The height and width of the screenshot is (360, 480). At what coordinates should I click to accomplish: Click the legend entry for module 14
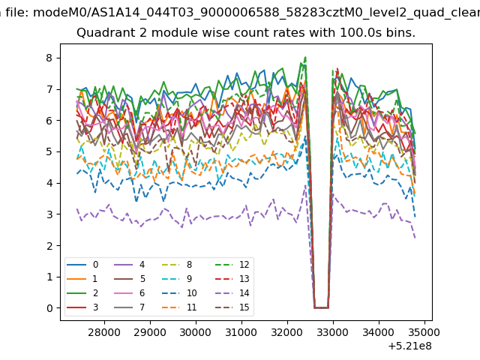pos(235,293)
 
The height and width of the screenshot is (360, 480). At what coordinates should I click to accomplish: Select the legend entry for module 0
pos(82,265)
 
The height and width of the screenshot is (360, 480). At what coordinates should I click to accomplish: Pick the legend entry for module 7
pos(129,307)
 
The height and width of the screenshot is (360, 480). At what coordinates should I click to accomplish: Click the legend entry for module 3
pos(82,307)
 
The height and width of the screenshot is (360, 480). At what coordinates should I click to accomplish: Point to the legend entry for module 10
pos(179,293)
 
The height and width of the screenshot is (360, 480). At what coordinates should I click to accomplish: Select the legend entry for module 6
pos(129,293)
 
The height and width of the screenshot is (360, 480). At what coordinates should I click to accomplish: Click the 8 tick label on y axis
pos(49,58)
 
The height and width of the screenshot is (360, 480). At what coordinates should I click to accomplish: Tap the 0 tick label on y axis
pos(49,308)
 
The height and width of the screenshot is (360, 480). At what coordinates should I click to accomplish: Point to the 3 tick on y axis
pos(58,214)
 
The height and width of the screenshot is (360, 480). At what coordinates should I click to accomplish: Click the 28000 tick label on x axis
pos(104,332)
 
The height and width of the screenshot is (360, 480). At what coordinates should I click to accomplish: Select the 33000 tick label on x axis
pos(333,332)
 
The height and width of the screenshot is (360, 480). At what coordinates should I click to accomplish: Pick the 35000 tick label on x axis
pos(424,332)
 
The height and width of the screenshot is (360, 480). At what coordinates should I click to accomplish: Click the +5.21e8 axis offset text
pos(410,346)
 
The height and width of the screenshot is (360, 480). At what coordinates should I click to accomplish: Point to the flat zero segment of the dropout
pos(322,307)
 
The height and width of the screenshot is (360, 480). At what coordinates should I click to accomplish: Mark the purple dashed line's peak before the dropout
pos(305,185)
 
